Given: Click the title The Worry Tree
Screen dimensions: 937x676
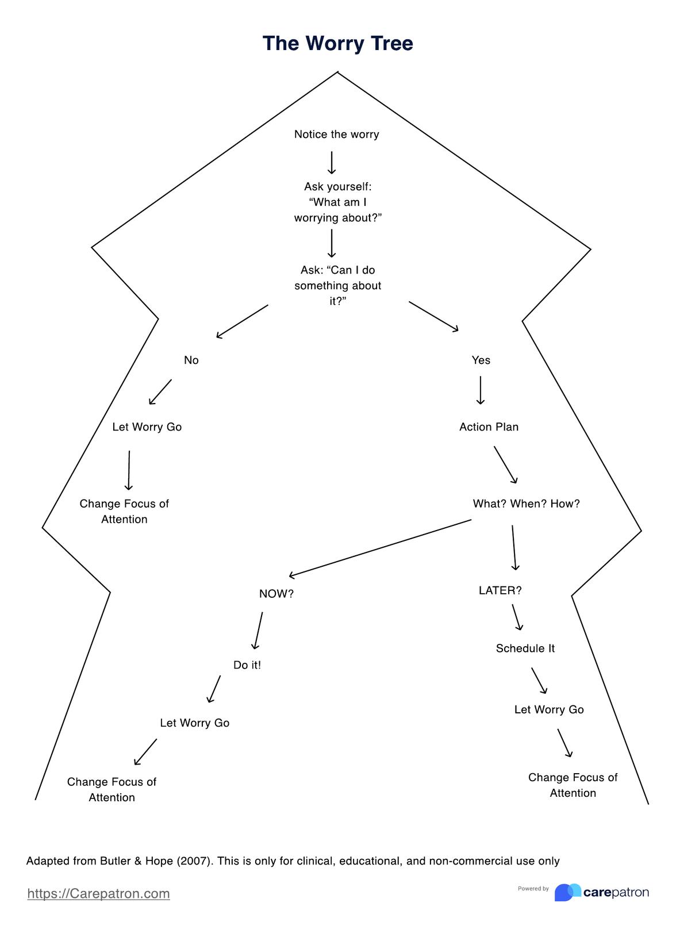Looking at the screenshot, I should tap(337, 44).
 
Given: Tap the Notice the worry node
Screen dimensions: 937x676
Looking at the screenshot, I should tap(336, 135).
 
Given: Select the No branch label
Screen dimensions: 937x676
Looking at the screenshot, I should tap(191, 360).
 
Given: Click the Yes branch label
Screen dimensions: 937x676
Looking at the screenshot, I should tap(481, 360).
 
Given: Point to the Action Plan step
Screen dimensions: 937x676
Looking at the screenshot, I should tap(489, 427).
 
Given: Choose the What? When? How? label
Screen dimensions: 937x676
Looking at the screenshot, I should tap(526, 504).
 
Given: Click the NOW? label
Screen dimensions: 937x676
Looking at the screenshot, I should tap(276, 594).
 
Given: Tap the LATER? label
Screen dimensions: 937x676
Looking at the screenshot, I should tap(500, 591).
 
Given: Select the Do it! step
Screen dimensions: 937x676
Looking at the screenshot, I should tap(247, 666).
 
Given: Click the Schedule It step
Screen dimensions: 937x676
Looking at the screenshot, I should tap(525, 649).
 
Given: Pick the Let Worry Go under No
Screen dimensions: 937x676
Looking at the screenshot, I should tap(147, 427).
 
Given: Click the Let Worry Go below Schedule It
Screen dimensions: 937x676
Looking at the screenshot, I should tap(548, 710).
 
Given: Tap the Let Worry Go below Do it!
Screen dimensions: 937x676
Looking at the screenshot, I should tap(194, 723).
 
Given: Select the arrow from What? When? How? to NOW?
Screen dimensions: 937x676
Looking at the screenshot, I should tap(379, 547).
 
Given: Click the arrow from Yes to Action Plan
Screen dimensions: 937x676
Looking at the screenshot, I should tap(481, 390).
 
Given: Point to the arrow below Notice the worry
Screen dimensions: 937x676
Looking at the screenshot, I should tap(332, 162).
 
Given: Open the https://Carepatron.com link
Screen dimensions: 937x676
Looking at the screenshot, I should tap(98, 894).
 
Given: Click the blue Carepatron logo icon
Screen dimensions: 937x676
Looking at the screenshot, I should tap(567, 892).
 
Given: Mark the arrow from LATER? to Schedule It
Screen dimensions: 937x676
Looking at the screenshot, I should tap(517, 617).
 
